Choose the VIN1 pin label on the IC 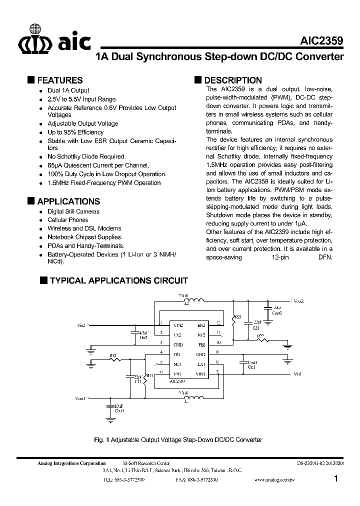pos(200,374)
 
